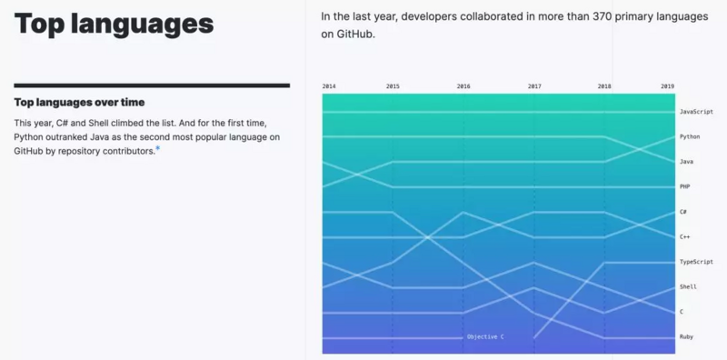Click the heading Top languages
click(114, 25)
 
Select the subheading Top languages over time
click(79, 103)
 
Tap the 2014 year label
click(329, 86)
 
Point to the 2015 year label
click(393, 86)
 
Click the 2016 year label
click(463, 86)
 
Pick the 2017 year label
click(534, 86)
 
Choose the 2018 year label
click(604, 86)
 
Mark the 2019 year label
click(668, 86)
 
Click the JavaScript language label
click(696, 111)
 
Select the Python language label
click(690, 136)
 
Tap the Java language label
click(686, 161)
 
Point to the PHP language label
click(684, 186)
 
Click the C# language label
click(683, 212)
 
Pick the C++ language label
click(684, 236)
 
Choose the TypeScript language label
click(696, 262)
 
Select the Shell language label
click(688, 286)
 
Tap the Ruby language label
click(686, 336)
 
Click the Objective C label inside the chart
click(485, 336)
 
